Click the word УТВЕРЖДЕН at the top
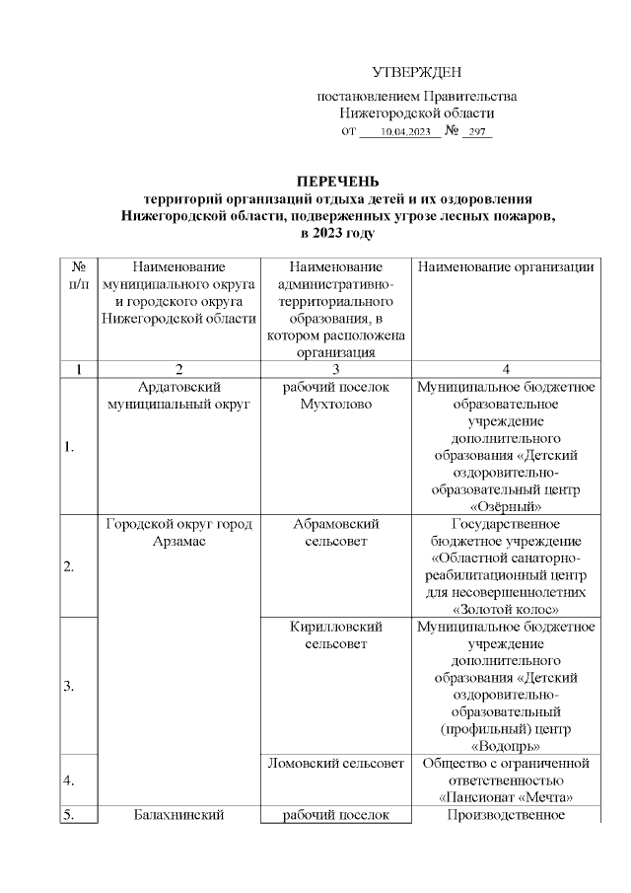pos(416,73)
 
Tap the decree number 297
pos(477,131)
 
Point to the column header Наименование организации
pos(506,266)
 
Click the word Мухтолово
pos(335,404)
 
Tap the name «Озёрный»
pos(506,506)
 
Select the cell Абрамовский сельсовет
pos(335,532)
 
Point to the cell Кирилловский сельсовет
pos(335,633)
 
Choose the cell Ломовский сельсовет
pos(335,763)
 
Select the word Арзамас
pos(178,541)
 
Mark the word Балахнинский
pos(178,815)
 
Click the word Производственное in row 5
pos(506,815)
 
